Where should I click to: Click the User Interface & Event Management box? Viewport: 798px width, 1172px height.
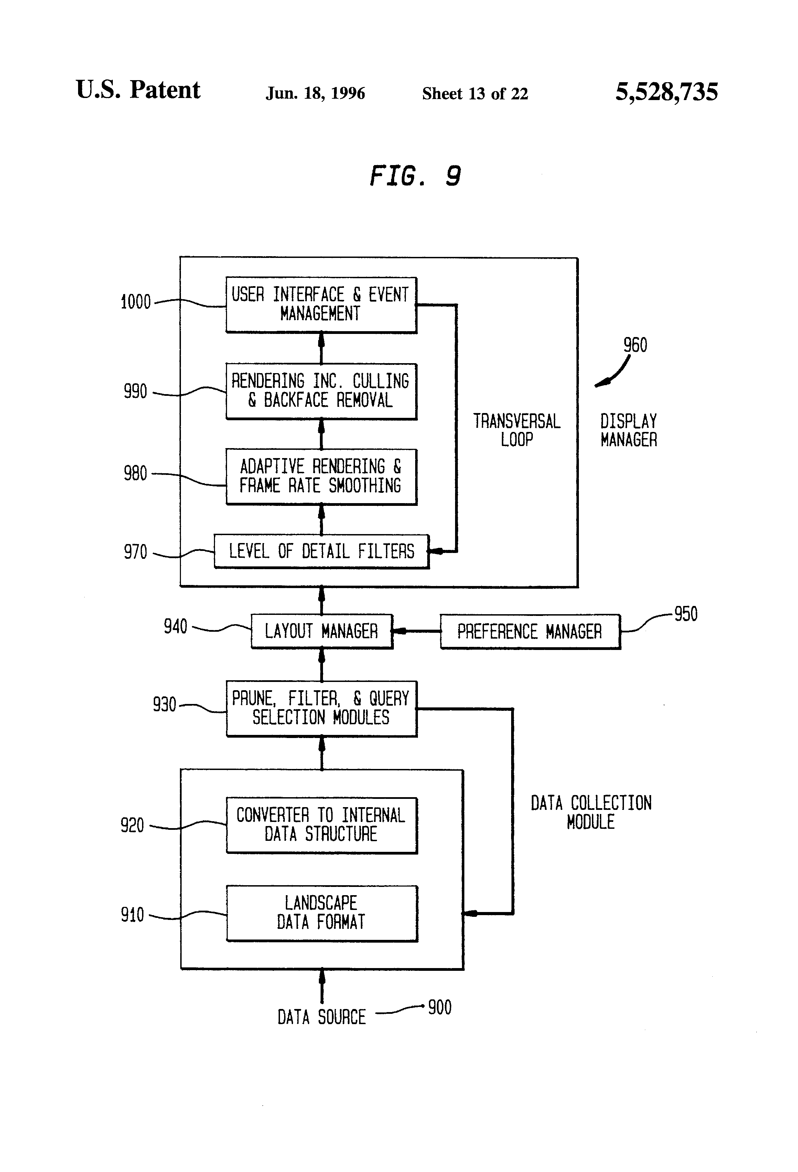point(321,305)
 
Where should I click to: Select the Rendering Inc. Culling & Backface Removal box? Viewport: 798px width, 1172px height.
point(321,391)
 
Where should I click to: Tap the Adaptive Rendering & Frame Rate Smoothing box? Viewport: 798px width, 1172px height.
point(321,476)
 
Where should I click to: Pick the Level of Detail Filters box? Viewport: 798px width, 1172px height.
point(321,551)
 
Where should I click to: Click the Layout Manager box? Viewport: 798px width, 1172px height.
point(321,631)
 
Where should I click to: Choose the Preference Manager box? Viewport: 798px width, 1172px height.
point(530,631)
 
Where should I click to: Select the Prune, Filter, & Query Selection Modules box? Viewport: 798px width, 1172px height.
point(321,708)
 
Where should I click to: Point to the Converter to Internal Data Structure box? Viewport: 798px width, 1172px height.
point(321,825)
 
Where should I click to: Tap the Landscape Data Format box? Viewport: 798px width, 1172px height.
point(321,912)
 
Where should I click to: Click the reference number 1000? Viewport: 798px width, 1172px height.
point(136,302)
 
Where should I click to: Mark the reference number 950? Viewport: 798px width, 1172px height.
point(686,614)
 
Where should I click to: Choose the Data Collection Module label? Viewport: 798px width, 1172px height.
point(591,812)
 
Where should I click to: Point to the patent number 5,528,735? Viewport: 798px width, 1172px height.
point(666,92)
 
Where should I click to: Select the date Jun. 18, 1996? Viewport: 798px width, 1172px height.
point(315,93)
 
